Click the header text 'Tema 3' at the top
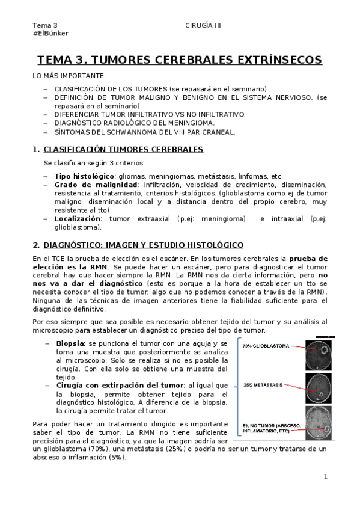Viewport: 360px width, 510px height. pos(46,25)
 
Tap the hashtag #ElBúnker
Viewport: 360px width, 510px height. pos(50,34)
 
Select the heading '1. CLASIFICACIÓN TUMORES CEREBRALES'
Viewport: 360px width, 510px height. pos(118,149)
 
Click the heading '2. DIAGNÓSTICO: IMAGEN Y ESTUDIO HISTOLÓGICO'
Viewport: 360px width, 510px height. pos(138,245)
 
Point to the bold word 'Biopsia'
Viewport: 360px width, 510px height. pos(70,343)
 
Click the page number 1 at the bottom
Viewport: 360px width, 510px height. pos(325,477)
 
